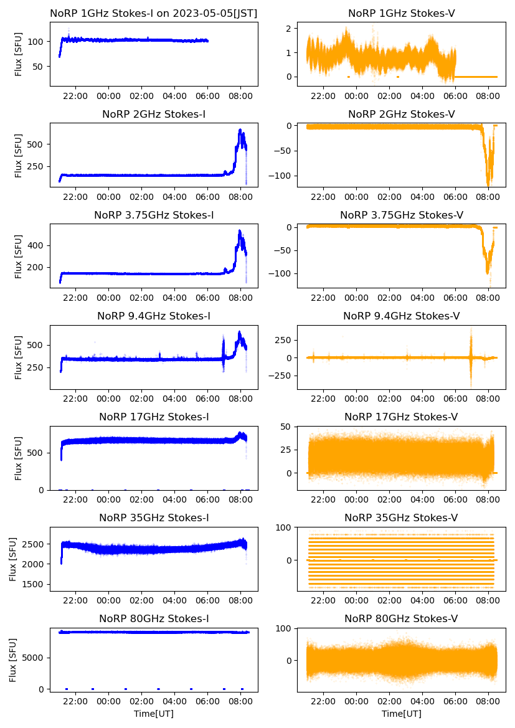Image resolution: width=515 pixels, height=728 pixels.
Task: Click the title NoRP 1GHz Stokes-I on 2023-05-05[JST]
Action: coord(154,13)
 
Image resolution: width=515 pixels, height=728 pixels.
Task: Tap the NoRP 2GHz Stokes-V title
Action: coord(401,114)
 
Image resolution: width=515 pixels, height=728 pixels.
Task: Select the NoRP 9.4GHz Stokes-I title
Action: coord(154,316)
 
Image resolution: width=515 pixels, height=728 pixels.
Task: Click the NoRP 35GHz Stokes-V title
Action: coord(401,518)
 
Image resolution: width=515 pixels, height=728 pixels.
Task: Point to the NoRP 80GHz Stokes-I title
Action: coord(154,619)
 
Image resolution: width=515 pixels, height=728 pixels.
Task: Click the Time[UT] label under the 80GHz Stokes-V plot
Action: coord(402,714)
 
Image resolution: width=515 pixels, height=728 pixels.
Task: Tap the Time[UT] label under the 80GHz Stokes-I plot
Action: coord(154,714)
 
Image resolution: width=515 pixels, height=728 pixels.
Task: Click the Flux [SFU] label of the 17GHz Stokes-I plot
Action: coord(19,458)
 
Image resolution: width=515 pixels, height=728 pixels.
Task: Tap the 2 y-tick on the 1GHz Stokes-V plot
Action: coord(289,29)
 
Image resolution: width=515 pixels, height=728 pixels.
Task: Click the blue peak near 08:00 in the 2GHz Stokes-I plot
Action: coord(240,130)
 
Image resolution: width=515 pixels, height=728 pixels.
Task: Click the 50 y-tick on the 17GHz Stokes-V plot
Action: coord(286,427)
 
